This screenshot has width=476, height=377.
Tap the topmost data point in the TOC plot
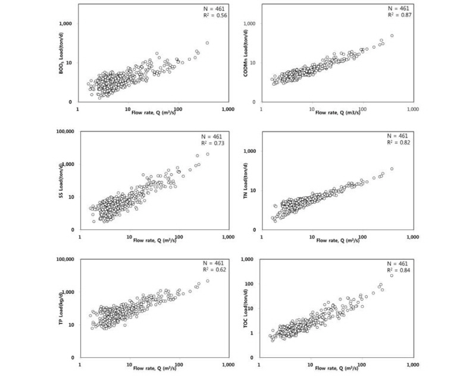click(392, 275)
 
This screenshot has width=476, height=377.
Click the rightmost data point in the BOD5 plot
click(207, 43)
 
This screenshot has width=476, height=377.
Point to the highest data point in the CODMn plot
click(392, 36)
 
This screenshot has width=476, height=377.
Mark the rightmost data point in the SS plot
click(207, 154)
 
